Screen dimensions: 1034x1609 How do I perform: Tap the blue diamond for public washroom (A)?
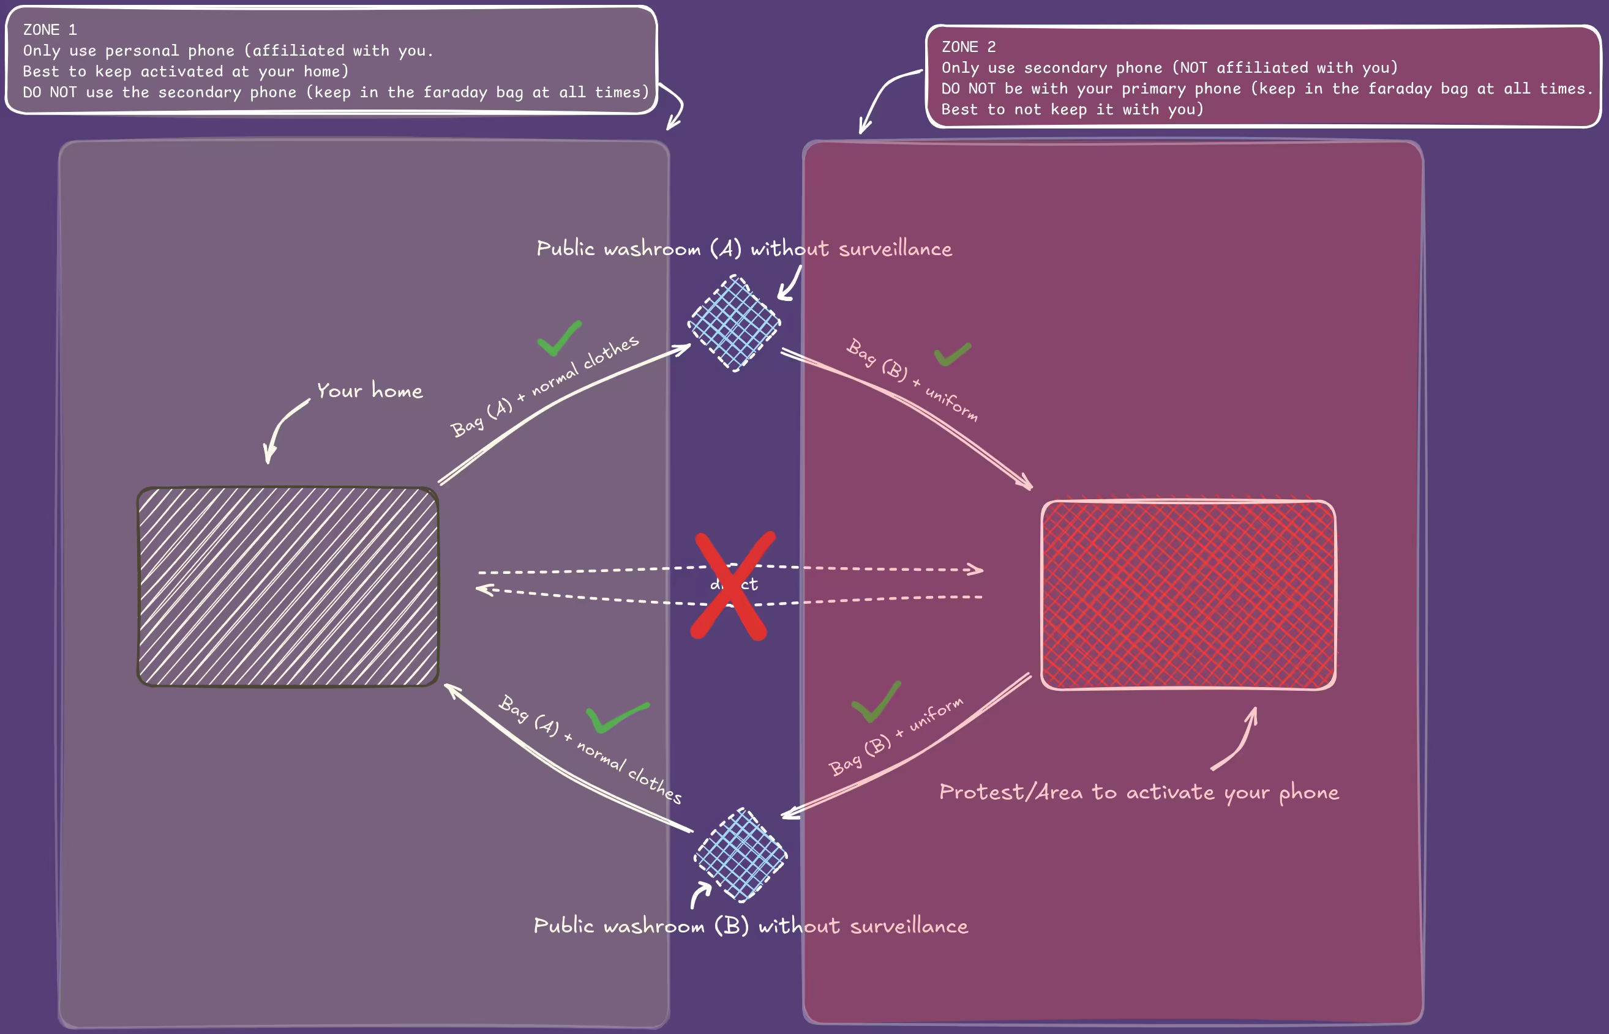click(734, 323)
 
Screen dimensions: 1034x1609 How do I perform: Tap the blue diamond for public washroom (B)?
click(740, 855)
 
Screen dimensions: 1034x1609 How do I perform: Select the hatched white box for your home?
click(288, 587)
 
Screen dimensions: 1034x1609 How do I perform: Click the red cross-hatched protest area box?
click(1188, 595)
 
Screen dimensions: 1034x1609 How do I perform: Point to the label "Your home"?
click(370, 391)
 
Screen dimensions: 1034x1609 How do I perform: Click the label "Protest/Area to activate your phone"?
click(1139, 792)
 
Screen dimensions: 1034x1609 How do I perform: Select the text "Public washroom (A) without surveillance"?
click(744, 249)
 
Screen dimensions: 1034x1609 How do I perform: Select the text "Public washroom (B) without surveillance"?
click(751, 926)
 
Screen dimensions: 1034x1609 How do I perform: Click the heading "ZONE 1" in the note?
click(50, 30)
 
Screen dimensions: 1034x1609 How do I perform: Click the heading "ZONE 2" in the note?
click(968, 47)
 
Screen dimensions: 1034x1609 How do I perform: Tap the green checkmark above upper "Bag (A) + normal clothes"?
click(559, 338)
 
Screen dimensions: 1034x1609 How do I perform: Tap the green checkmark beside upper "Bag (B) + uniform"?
click(952, 354)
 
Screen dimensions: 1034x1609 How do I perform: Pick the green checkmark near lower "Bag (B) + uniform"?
click(876, 704)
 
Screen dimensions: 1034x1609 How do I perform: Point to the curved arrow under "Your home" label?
click(282, 430)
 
